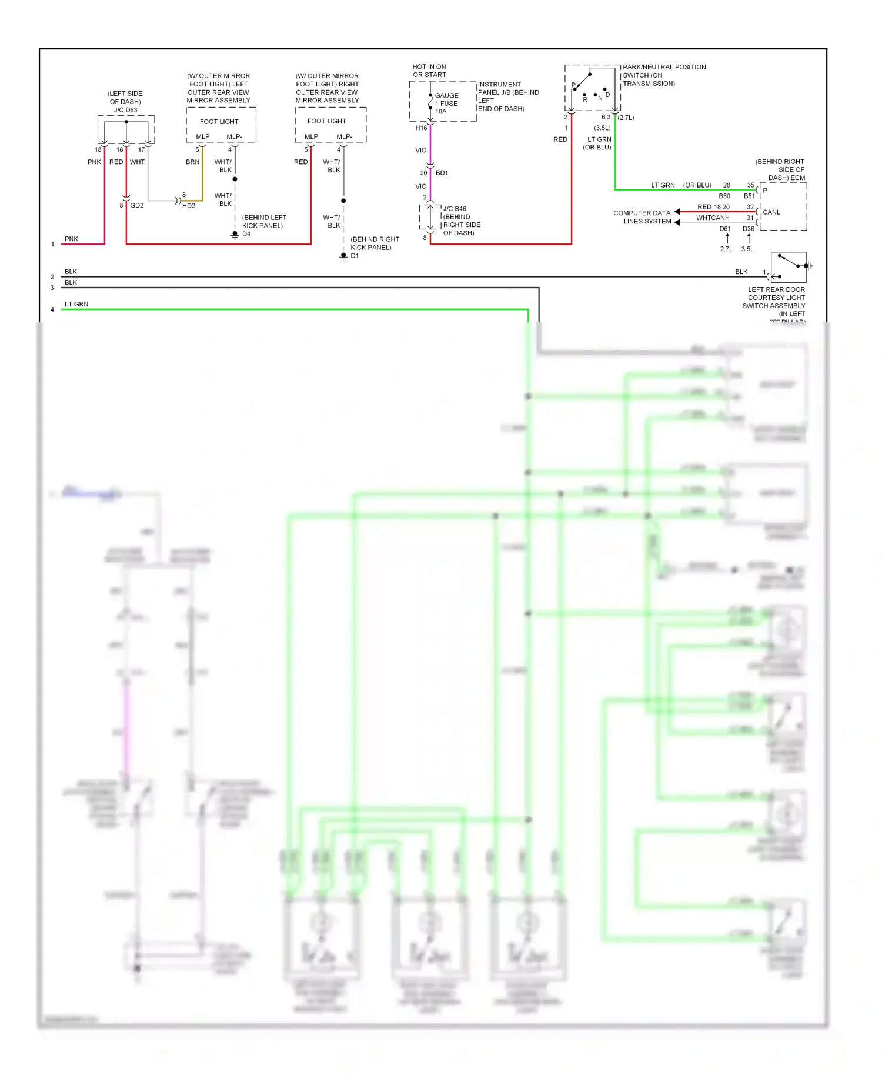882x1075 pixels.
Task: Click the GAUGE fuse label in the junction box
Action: coord(446,96)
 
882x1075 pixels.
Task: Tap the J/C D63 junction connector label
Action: coord(125,110)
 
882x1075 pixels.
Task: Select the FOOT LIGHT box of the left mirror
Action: coord(219,122)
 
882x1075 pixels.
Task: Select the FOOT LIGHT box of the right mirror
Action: coord(327,121)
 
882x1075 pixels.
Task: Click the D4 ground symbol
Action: coord(235,235)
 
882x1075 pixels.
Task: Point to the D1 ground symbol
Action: coord(343,256)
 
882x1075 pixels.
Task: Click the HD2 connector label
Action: coord(189,206)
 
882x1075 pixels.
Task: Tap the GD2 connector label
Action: coord(136,206)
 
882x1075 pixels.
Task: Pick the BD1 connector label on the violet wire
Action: coord(442,173)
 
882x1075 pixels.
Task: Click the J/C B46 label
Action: coord(455,209)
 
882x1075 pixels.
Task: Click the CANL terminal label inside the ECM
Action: coord(771,212)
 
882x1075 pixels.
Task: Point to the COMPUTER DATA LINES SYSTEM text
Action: coord(642,217)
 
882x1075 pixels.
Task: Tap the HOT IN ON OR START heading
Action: coord(429,71)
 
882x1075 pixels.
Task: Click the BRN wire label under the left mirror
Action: coord(192,162)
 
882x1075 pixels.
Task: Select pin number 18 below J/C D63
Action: coord(98,150)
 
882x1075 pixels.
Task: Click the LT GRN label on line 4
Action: coord(76,304)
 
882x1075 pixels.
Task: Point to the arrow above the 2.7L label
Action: coord(727,238)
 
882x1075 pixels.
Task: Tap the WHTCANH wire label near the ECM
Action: coord(713,218)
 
